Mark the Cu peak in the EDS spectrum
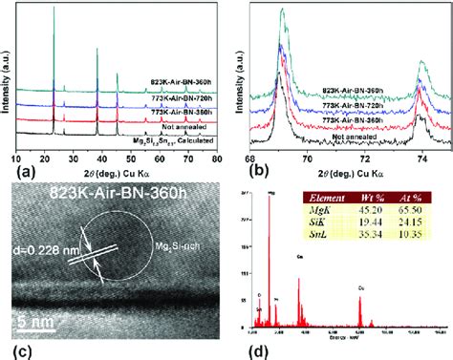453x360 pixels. pos(359,304)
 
